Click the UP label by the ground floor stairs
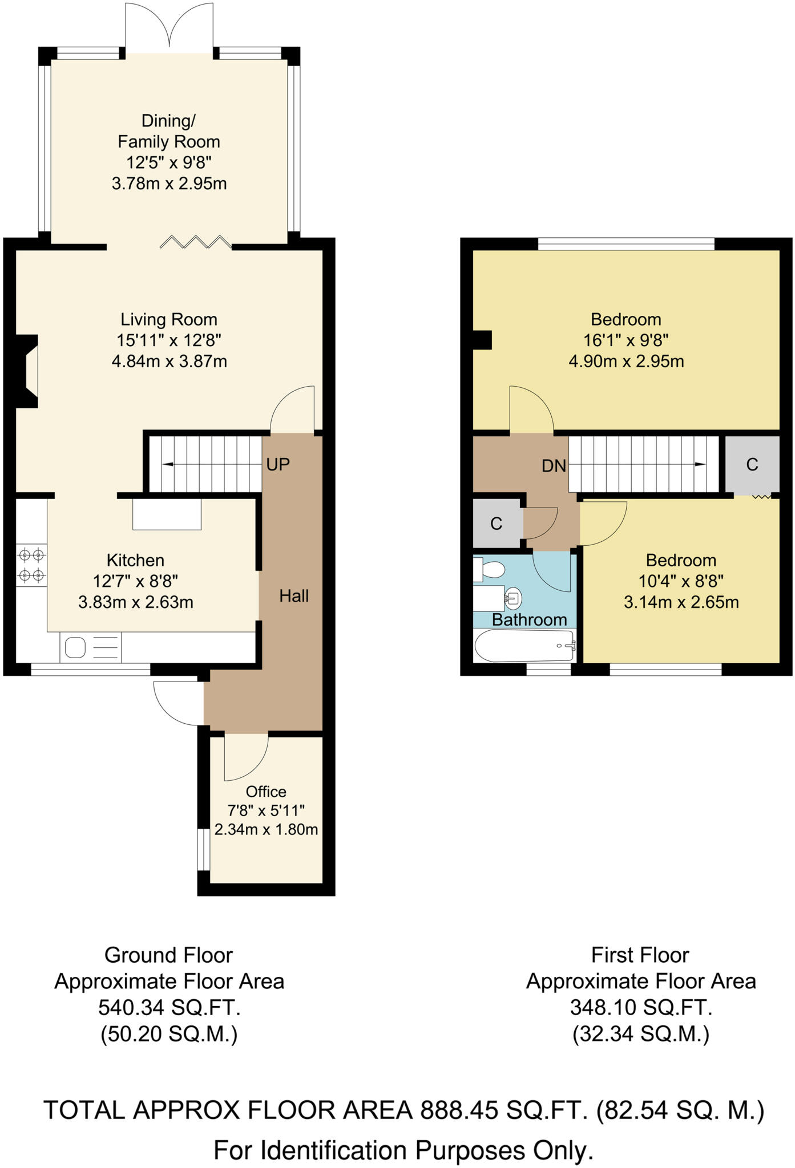coord(278,465)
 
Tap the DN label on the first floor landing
coord(554,466)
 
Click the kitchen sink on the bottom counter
coord(76,647)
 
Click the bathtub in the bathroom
coord(524,646)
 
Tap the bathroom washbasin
coord(513,599)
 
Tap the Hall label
coord(294,596)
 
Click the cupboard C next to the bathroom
coord(497,523)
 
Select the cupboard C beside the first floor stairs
coord(752,465)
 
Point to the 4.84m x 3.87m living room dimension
coord(170,361)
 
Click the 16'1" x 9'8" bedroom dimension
coord(625,340)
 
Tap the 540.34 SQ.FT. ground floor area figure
coord(170,1008)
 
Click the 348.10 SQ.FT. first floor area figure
coord(641,1008)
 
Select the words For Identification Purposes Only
coord(403,1150)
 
